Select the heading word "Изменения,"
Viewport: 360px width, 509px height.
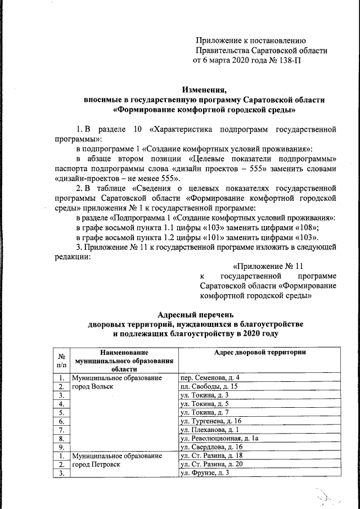[205, 89]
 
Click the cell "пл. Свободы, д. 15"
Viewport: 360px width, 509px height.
[209, 386]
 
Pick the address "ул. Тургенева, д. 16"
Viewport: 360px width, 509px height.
[211, 421]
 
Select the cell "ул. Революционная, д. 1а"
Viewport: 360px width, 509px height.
[219, 439]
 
